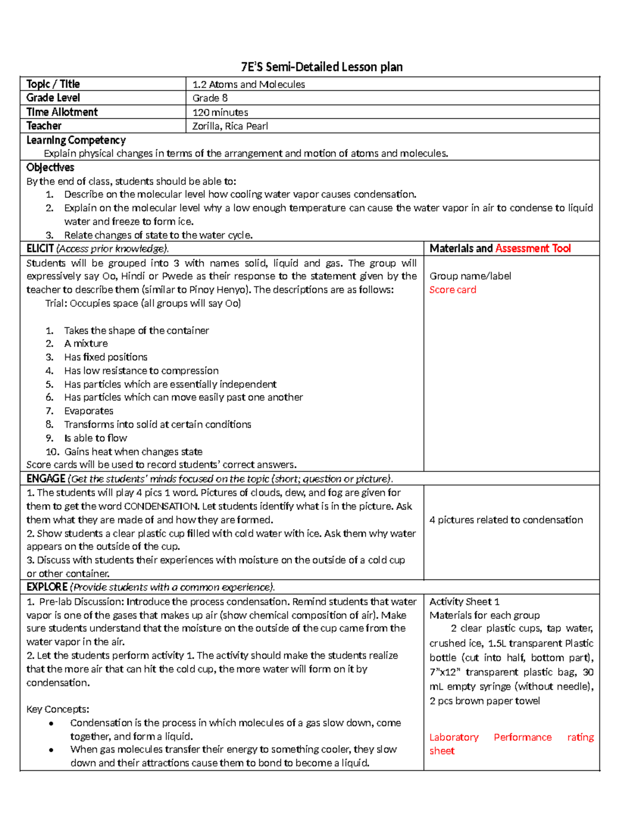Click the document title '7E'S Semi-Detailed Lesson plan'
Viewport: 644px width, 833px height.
321,67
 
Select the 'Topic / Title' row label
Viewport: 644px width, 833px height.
53,84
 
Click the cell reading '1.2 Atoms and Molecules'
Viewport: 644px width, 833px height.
248,84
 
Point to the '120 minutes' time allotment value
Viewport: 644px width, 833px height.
220,113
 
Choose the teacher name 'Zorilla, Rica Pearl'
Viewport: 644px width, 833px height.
230,126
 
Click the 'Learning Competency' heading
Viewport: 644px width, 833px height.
76,140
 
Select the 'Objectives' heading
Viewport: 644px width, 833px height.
50,167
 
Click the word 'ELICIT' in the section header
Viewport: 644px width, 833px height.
40,248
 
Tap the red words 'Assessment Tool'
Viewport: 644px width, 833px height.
533,248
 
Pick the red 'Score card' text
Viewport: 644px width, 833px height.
452,290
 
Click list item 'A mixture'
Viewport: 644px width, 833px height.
86,343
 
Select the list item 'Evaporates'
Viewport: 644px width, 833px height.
89,411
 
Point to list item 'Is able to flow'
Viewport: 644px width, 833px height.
96,438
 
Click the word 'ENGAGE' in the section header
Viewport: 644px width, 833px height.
46,478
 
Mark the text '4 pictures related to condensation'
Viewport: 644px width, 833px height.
506,520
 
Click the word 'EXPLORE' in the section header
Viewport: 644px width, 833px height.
47,587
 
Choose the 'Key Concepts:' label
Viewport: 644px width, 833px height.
57,709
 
